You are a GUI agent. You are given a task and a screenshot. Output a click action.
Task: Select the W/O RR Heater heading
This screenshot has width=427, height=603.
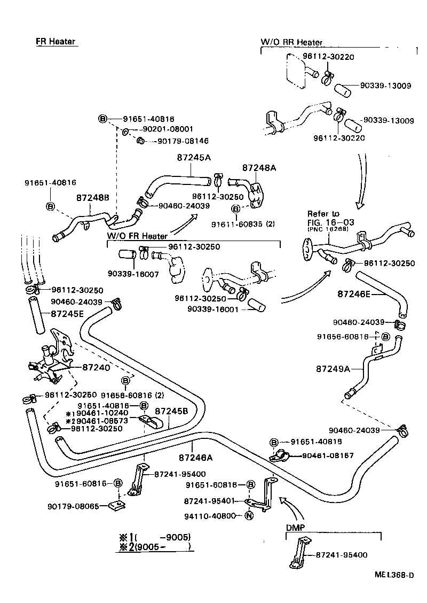click(x=291, y=42)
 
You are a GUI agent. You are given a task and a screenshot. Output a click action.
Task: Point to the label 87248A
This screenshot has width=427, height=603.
click(x=259, y=167)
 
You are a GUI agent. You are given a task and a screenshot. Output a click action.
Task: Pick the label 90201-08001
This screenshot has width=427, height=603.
click(x=167, y=129)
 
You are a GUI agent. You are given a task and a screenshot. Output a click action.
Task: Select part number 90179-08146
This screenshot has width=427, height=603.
click(x=182, y=141)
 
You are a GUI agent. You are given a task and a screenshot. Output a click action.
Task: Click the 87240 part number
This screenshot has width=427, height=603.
click(x=96, y=368)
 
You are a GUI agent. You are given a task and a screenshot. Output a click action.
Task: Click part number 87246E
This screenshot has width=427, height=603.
click(x=354, y=293)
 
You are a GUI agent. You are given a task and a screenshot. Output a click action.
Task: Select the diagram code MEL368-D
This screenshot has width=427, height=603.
click(x=394, y=575)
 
